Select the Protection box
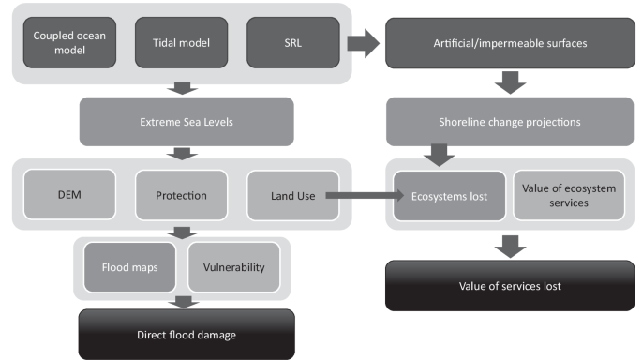click(182, 195)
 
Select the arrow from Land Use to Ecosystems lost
click(361, 196)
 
